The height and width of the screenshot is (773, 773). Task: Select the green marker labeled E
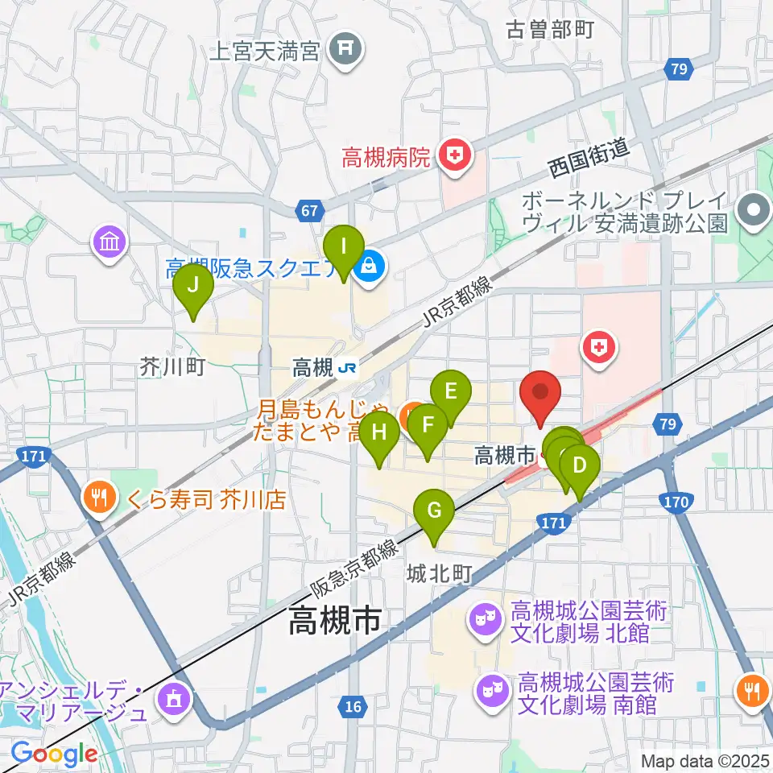point(451,391)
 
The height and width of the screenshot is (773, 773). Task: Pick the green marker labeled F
point(428,424)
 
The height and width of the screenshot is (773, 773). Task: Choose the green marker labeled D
point(580,465)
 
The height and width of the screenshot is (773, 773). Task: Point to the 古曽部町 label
point(550,30)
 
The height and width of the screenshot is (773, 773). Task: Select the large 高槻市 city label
point(336,621)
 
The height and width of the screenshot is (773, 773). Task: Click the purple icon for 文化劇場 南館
point(490,690)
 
